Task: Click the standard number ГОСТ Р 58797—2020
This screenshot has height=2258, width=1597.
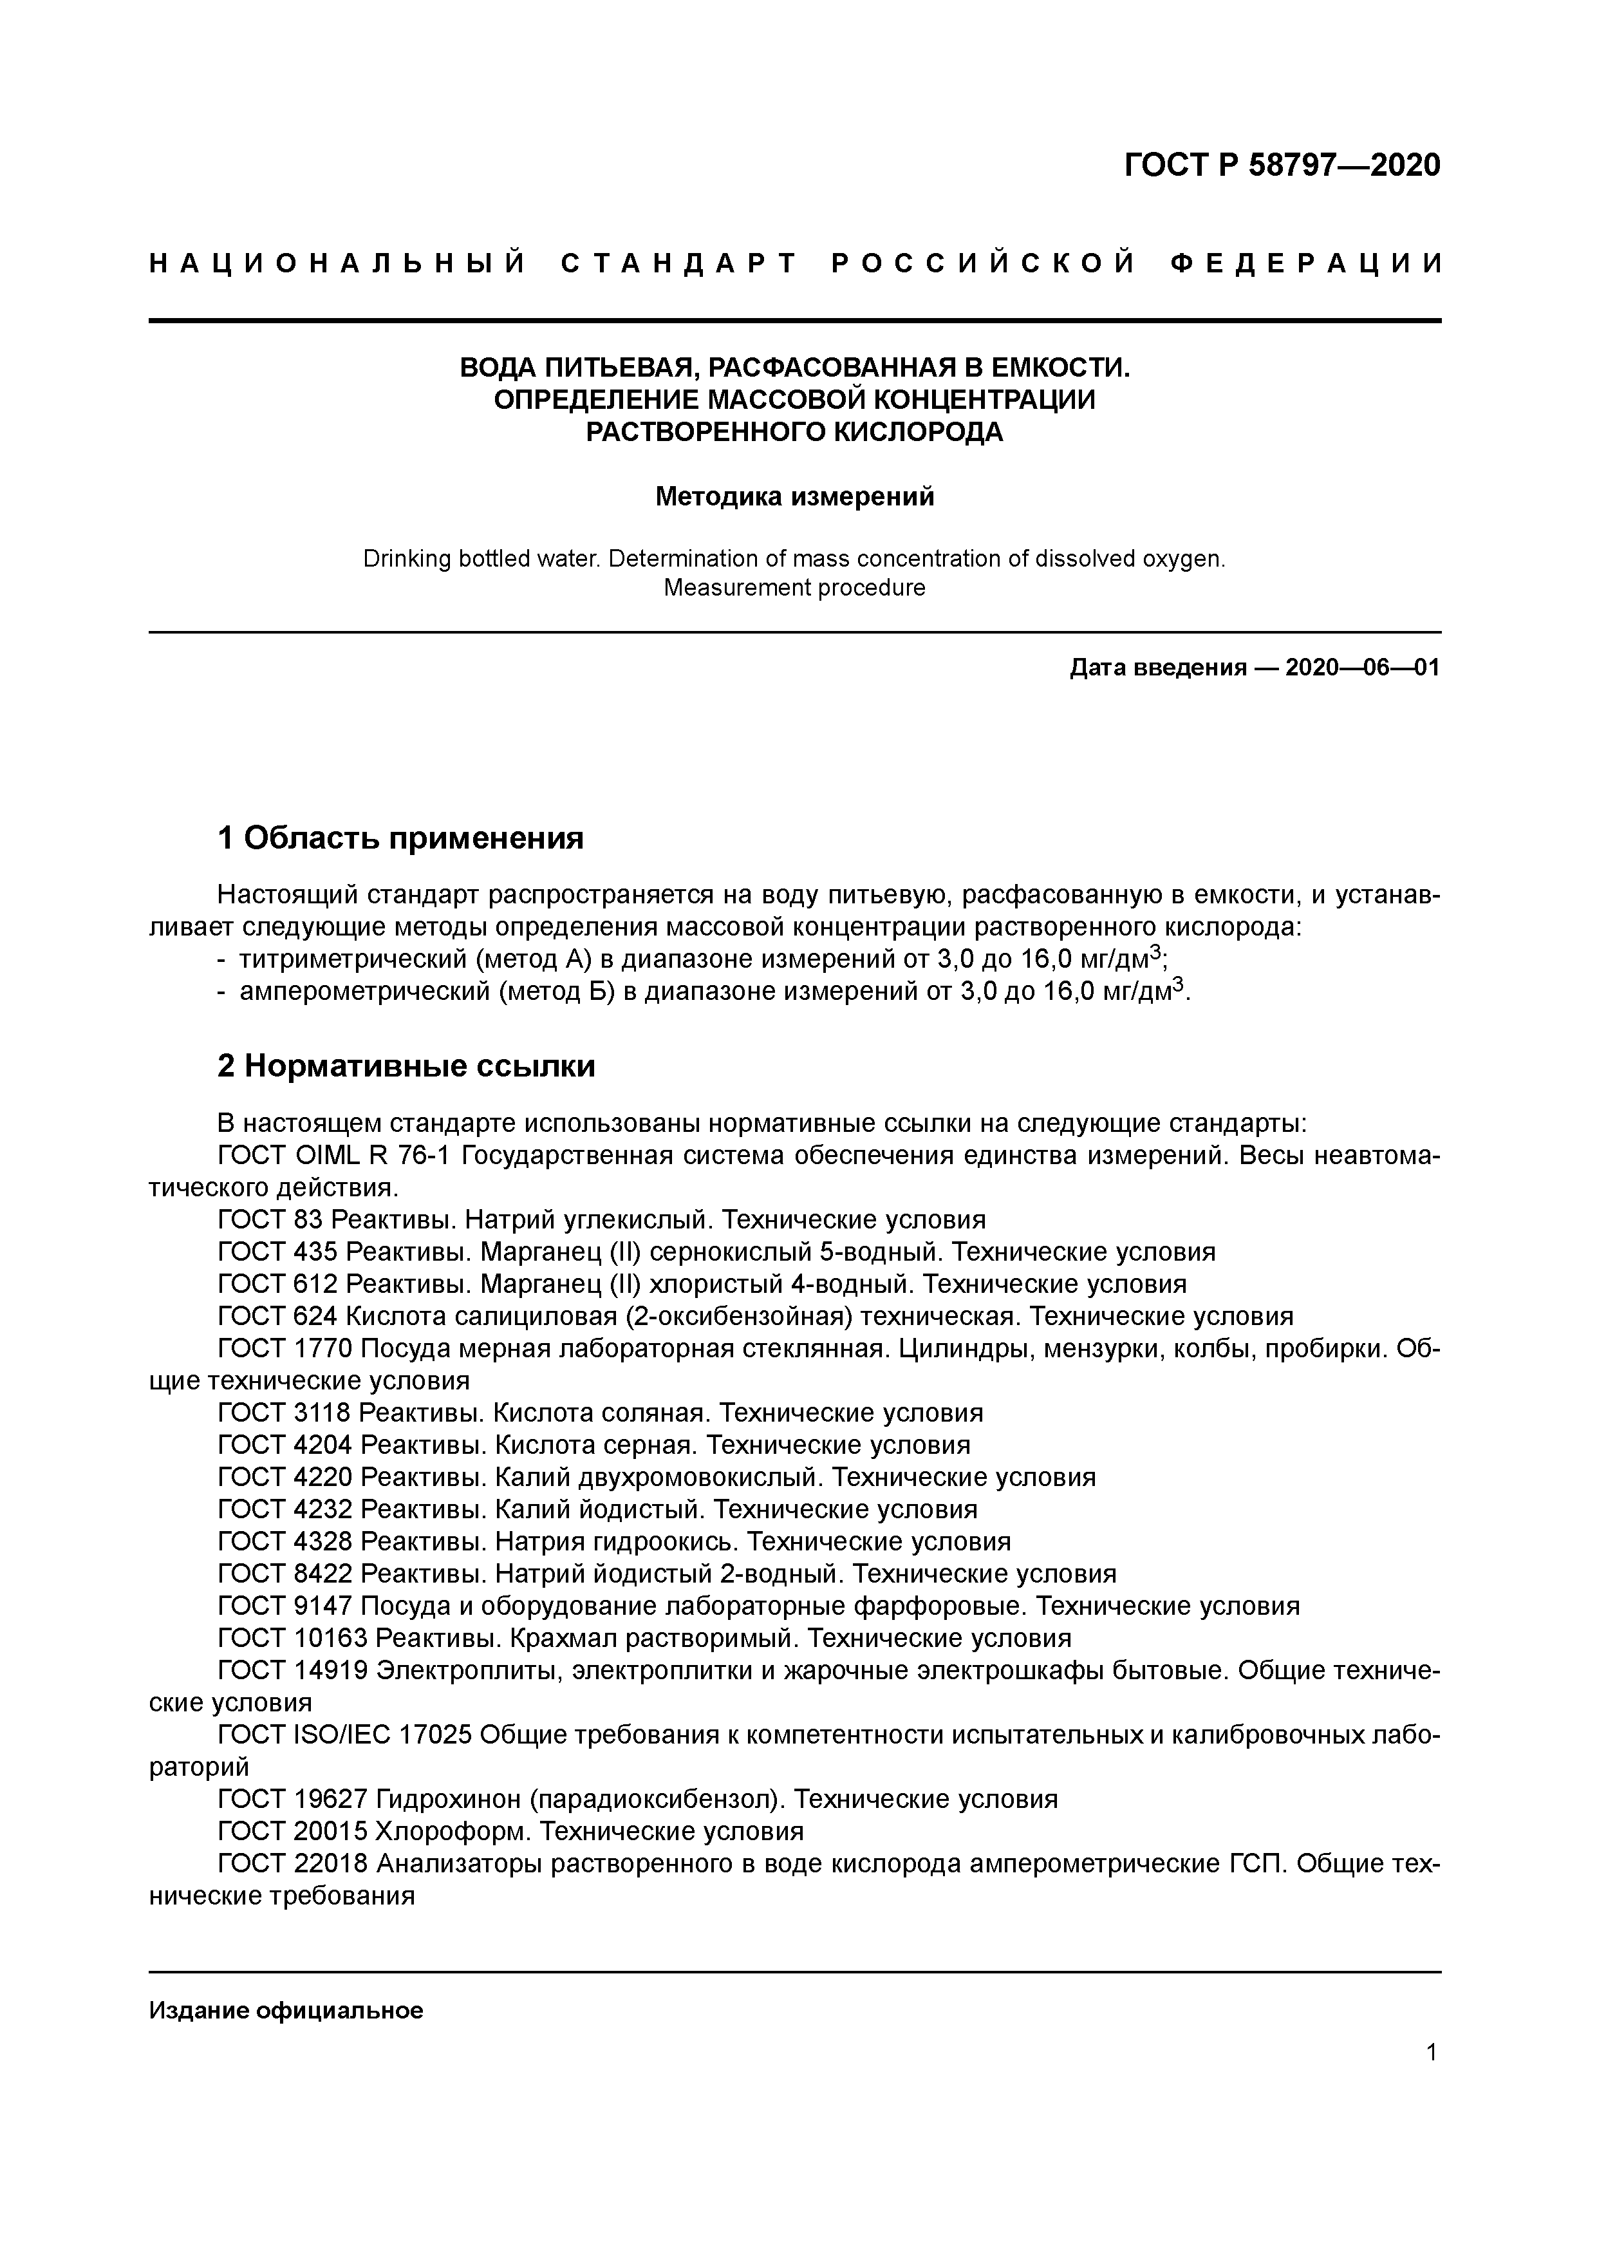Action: click(x=1282, y=165)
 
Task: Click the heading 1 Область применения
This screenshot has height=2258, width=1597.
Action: click(x=400, y=838)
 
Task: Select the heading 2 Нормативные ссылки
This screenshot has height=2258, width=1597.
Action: click(x=406, y=1066)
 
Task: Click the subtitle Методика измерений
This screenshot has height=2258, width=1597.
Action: click(x=794, y=496)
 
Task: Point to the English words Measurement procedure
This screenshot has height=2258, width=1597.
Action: click(x=794, y=588)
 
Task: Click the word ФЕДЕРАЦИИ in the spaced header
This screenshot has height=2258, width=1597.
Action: click(x=1307, y=263)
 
